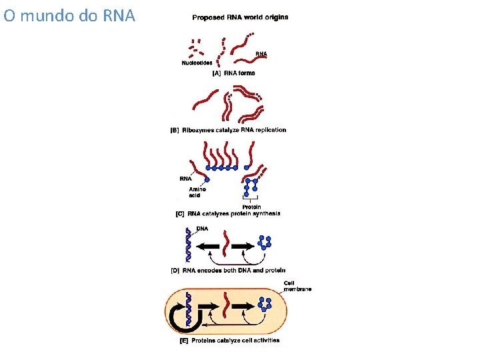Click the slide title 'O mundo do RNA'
69,15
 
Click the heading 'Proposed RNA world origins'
240,17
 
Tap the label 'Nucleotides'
197,63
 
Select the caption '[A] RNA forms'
233,73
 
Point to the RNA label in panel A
261,53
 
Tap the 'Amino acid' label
197,193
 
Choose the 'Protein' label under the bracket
252,207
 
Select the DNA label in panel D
202,229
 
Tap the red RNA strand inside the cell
229,307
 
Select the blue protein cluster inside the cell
265,304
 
